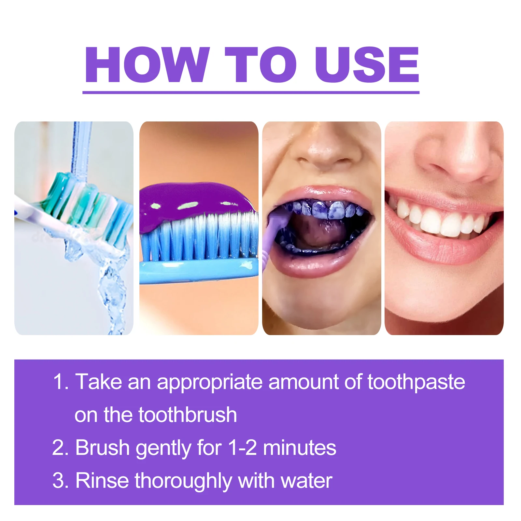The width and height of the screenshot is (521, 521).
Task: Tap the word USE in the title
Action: pyautogui.click(x=367, y=64)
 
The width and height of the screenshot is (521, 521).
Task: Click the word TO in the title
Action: pyautogui.click(x=260, y=64)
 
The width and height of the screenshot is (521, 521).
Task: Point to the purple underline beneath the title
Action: pyautogui.click(x=251, y=93)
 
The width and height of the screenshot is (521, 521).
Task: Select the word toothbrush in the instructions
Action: pyautogui.click(x=188, y=415)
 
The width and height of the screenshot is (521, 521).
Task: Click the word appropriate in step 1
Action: pyautogui.click(x=210, y=382)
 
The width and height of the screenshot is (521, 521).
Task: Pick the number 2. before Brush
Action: pyautogui.click(x=60, y=447)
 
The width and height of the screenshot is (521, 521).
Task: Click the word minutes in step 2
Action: pyautogui.click(x=300, y=447)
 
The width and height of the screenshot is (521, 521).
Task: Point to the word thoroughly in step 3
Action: pyautogui.click(x=183, y=480)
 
